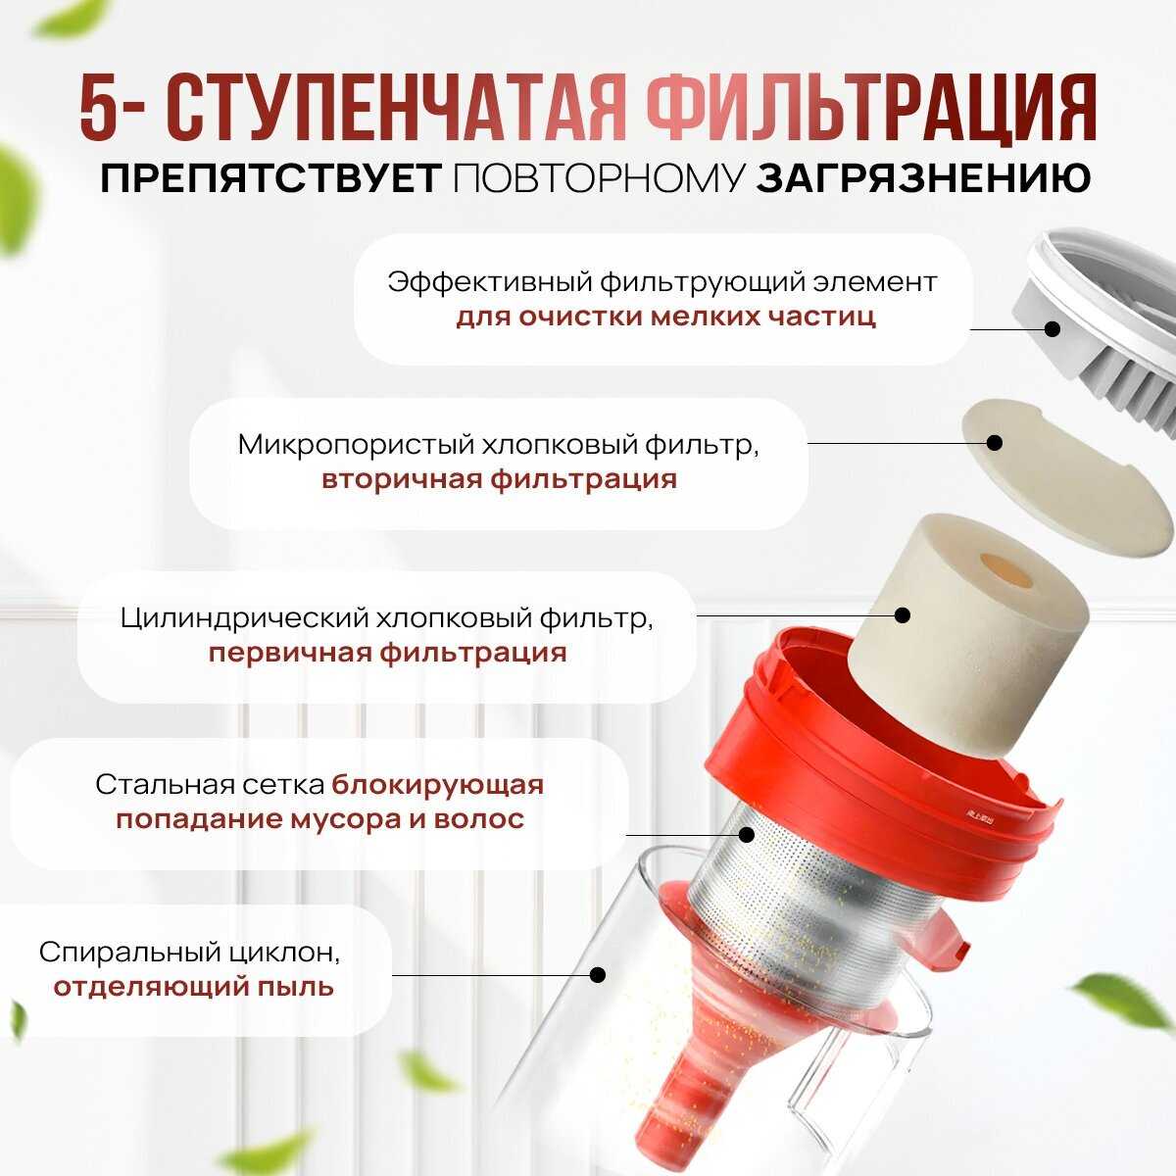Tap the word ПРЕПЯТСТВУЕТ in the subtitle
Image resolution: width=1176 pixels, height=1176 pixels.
point(270,178)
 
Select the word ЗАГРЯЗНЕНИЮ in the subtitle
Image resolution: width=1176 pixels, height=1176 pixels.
point(924,178)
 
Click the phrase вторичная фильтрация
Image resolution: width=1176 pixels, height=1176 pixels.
point(499,478)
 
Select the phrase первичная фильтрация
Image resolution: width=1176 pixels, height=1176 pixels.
point(387,653)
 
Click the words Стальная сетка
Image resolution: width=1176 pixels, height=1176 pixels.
point(210,785)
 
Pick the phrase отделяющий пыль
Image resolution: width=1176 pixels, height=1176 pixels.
point(193,988)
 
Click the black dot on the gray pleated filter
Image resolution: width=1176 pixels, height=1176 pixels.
point(1053,329)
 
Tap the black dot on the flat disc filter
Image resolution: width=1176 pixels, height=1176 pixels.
point(994,442)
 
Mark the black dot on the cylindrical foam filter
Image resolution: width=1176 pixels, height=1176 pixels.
point(902,614)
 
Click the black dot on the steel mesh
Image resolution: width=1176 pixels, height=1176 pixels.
point(747,835)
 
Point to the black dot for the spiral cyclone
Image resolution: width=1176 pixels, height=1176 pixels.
point(598,974)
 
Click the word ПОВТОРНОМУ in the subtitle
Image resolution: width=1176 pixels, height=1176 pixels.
point(599,178)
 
